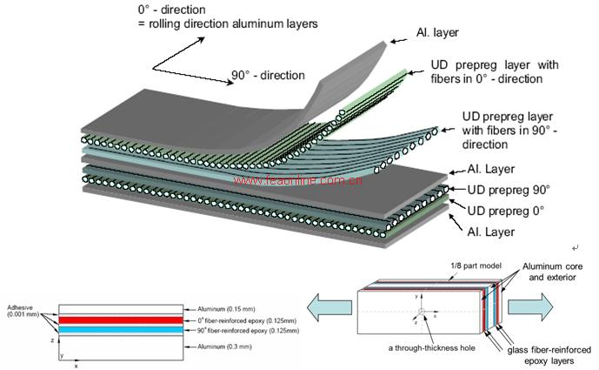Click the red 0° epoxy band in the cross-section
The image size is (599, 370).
122,320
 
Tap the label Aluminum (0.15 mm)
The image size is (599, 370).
227,308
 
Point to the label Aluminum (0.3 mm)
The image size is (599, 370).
225,346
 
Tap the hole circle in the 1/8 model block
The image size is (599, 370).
422,311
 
